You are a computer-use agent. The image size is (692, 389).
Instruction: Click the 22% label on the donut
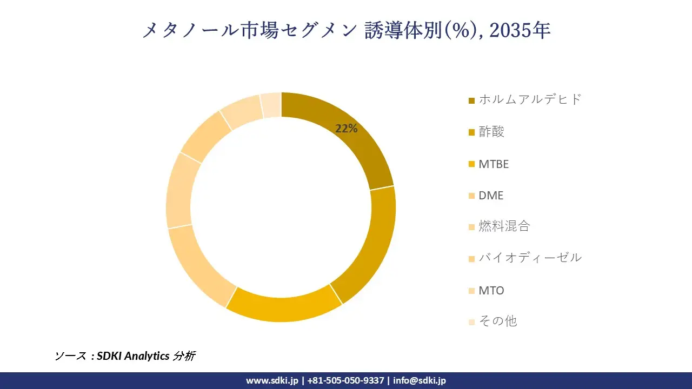347,129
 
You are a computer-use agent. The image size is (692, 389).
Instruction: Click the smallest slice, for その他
271,105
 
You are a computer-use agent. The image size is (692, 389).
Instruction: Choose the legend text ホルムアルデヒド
530,99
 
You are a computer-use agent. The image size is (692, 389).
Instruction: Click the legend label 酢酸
491,132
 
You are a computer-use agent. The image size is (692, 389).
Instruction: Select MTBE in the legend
494,164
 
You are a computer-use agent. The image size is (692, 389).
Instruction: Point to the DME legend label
491,196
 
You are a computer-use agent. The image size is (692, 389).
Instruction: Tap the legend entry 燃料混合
504,226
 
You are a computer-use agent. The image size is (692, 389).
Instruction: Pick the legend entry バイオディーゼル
530,258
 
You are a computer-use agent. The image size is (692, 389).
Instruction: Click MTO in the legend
491,290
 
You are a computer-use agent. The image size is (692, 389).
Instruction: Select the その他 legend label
497,321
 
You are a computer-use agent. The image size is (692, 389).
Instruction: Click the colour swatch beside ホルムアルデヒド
471,100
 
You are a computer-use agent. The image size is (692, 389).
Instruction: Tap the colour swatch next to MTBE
471,164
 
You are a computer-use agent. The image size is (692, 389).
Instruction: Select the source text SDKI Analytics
133,356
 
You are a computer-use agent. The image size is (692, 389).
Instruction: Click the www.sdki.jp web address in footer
272,380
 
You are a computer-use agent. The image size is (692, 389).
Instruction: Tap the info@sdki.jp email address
420,380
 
